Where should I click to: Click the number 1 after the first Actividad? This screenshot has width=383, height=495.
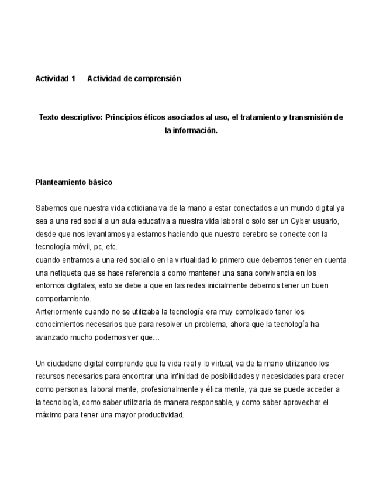click(x=74, y=79)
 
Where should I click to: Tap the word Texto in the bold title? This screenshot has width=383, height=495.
click(x=50, y=117)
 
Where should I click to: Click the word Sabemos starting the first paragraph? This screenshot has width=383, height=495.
click(x=50, y=208)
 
